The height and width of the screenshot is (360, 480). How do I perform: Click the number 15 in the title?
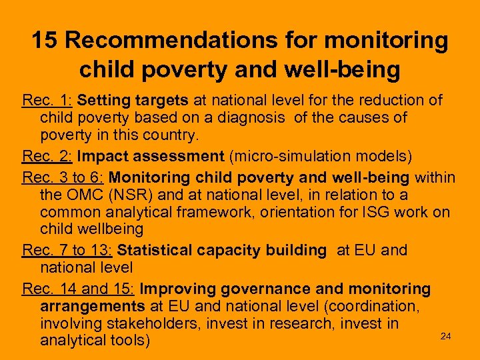click(45, 41)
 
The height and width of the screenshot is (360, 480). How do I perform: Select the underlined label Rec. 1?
click(48, 101)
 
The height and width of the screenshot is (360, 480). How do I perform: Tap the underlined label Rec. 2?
click(48, 157)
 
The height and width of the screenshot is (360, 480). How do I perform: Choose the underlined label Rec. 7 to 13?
click(67, 251)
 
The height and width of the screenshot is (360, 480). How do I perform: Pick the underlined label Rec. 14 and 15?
click(79, 289)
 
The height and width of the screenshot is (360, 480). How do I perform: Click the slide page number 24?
click(446, 337)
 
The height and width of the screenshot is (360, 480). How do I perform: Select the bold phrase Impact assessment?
click(151, 157)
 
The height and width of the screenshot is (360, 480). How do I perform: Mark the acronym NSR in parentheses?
click(125, 195)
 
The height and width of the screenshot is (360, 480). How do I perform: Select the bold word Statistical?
click(154, 251)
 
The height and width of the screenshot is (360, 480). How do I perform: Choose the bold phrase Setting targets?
click(133, 101)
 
